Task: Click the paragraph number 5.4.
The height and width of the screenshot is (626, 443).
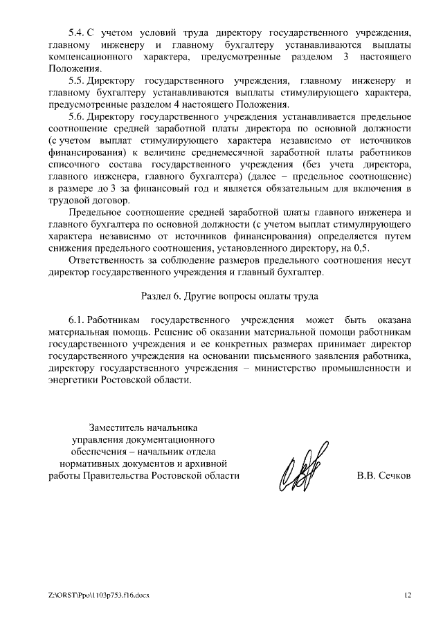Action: [x=76, y=33]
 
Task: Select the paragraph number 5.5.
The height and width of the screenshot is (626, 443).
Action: [x=76, y=81]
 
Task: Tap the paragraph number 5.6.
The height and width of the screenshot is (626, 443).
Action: [x=76, y=118]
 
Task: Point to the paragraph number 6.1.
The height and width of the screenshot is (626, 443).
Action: [x=76, y=320]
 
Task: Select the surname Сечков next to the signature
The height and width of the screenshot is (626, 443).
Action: [x=394, y=476]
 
